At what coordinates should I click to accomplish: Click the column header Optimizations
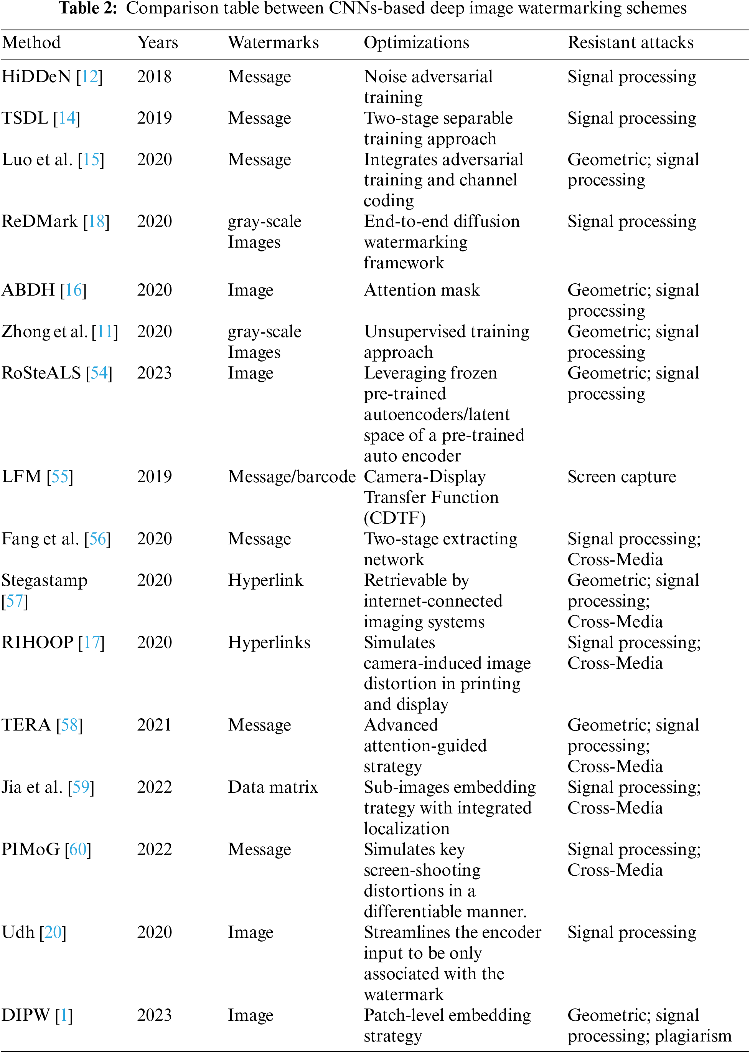click(416, 43)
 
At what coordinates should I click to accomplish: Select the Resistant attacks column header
click(630, 43)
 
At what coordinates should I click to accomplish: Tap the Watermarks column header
click(274, 43)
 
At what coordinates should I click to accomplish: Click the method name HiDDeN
click(36, 77)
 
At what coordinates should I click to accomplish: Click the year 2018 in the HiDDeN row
click(154, 77)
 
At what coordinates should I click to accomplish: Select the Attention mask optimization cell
click(422, 290)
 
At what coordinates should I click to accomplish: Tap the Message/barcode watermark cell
click(292, 476)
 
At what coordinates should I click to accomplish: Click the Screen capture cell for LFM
click(621, 476)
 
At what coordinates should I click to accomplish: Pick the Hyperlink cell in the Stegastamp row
click(265, 580)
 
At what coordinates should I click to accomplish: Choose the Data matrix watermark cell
click(273, 787)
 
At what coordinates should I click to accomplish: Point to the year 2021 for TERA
click(154, 725)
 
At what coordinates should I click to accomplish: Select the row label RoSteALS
click(41, 373)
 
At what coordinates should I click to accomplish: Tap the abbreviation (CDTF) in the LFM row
click(394, 518)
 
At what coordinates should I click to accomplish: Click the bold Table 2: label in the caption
click(88, 8)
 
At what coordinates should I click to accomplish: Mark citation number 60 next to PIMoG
click(78, 849)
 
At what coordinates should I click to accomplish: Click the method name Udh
click(18, 932)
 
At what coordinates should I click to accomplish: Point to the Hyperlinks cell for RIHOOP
click(269, 642)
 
